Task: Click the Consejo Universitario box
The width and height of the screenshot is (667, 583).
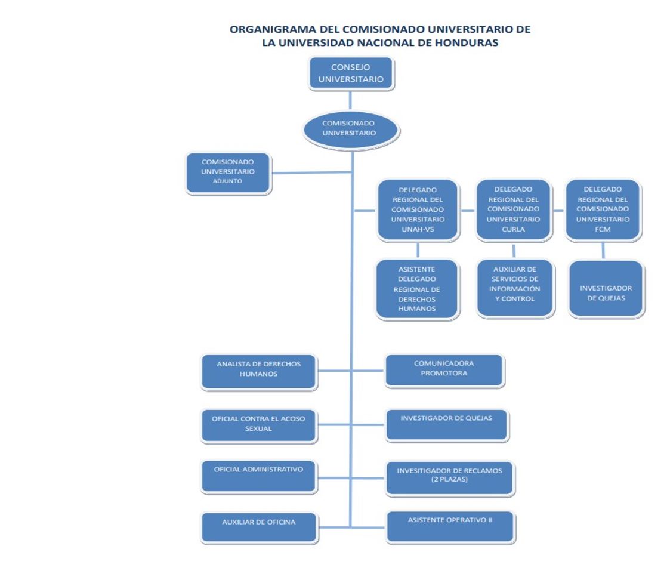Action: (351, 73)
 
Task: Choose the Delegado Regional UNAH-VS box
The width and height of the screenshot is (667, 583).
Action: (418, 210)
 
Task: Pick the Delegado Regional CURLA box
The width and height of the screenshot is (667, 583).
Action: (513, 209)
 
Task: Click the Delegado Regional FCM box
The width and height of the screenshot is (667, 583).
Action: (603, 210)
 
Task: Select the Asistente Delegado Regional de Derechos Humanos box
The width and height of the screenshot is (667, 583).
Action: (418, 289)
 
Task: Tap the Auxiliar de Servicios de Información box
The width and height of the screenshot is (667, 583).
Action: (517, 288)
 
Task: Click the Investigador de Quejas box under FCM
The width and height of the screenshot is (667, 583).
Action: (606, 289)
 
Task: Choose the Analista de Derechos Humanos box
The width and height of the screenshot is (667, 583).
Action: (258, 372)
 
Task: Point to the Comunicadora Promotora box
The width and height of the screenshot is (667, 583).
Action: (444, 371)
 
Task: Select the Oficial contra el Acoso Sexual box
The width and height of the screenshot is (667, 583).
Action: (258, 425)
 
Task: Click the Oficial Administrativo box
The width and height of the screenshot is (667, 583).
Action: (258, 476)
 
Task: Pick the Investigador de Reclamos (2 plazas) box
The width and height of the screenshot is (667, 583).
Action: (450, 478)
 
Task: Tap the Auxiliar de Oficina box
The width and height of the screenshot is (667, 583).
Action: (258, 527)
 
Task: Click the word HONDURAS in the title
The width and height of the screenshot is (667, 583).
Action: (467, 43)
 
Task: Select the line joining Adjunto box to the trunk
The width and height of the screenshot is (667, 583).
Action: (310, 173)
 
